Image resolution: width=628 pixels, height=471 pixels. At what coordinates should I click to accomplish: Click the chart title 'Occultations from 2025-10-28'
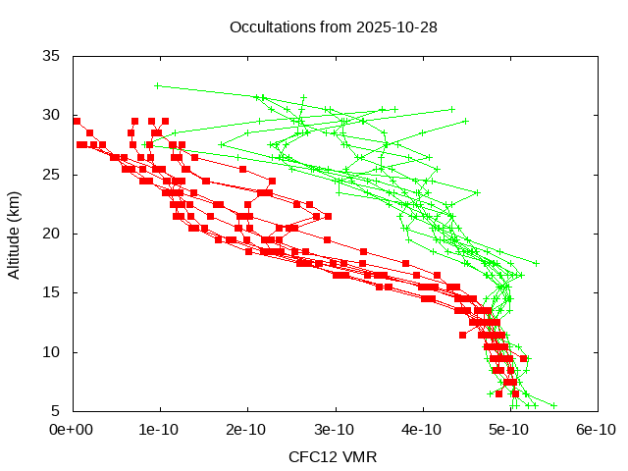point(333,26)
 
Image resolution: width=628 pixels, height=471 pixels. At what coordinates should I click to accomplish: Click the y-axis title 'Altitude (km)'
point(14,234)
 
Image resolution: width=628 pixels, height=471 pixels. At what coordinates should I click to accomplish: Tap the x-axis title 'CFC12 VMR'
point(333,457)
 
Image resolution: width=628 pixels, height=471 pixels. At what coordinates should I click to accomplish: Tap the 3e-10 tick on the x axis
point(335,430)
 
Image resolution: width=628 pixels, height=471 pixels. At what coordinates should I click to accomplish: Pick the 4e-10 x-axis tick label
point(422,430)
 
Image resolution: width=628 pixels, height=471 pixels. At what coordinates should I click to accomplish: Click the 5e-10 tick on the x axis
point(509,430)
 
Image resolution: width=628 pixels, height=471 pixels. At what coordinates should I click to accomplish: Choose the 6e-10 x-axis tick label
point(597,430)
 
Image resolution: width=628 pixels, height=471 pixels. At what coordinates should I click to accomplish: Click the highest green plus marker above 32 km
point(157,85)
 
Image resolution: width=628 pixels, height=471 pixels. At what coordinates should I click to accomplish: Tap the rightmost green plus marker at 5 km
point(553,405)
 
